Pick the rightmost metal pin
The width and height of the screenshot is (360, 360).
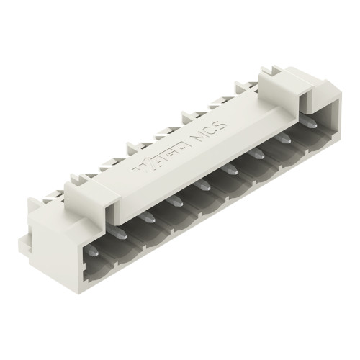point(312,125)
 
